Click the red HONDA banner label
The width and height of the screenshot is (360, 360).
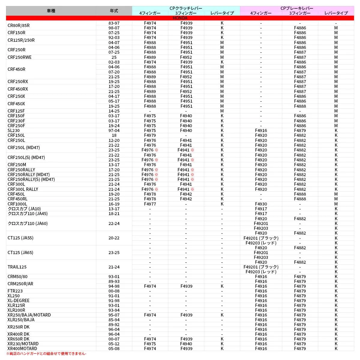click(180, 18)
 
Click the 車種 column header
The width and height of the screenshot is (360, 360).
click(51, 11)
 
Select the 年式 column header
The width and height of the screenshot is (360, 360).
click(114, 11)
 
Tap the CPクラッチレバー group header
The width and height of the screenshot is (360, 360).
click(186, 8)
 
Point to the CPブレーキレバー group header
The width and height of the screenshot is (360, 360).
click(297, 8)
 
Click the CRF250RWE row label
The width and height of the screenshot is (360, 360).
click(19, 57)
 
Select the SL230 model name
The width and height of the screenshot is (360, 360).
click(13, 130)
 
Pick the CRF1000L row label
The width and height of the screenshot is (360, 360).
click(17, 204)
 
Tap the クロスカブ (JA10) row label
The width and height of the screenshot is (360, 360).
click(24, 209)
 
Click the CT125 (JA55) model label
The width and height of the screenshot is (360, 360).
click(20, 238)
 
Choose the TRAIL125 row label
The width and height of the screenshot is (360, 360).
click(17, 267)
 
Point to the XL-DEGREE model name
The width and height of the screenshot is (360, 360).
click(18, 301)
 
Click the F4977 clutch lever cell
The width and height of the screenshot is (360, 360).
click(150, 204)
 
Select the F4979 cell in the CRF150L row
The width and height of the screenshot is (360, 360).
click(150, 135)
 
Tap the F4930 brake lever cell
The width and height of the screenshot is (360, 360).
click(261, 204)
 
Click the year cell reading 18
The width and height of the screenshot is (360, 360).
click(114, 135)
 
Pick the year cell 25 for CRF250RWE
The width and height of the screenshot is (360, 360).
click(114, 57)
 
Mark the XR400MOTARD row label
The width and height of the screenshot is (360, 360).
click(22, 349)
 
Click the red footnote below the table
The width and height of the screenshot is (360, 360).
click(46, 354)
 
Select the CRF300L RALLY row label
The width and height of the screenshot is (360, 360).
click(23, 189)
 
